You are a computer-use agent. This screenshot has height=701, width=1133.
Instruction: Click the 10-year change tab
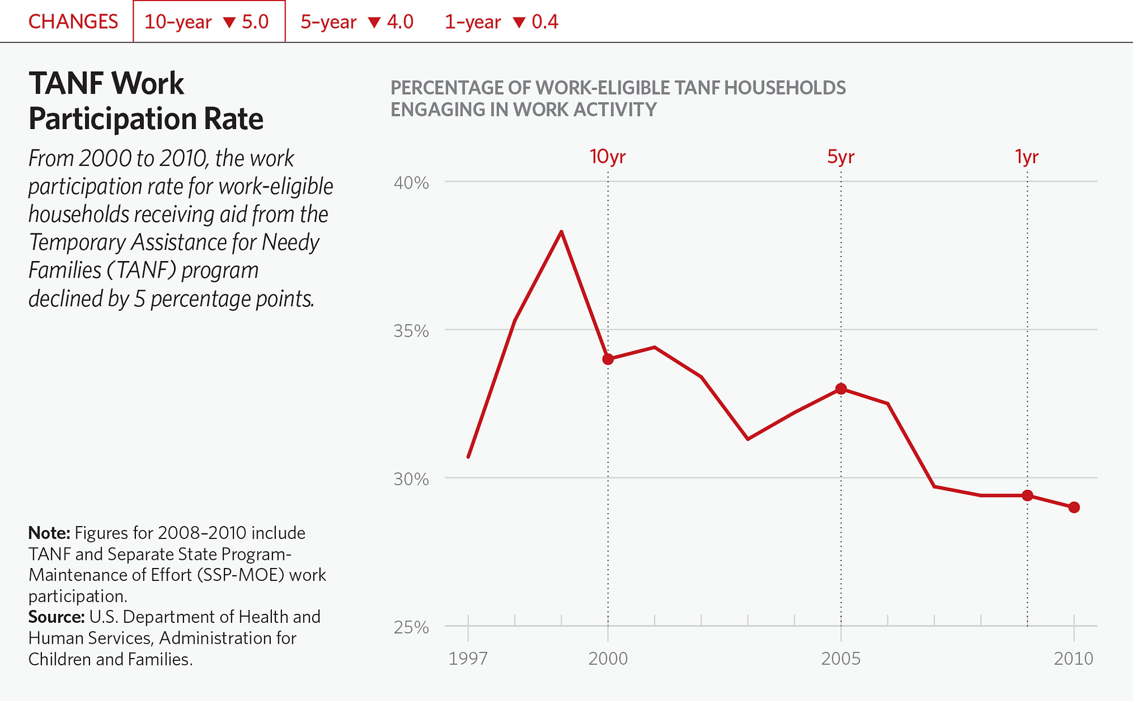pos(208,22)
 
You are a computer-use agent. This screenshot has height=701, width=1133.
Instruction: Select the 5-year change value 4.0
pos(400,22)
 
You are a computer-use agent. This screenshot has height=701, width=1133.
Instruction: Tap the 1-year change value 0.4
pos(544,22)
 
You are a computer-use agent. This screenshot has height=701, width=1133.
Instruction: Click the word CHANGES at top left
pos(73,22)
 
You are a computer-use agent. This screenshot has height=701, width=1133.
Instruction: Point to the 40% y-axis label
pos(411,183)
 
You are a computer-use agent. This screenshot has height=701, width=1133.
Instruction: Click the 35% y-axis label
pos(411,331)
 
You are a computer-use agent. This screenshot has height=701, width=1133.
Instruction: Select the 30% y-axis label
pos(411,479)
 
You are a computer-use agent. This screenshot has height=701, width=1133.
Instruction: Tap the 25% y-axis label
pos(411,627)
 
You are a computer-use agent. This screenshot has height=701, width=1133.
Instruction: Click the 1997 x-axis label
pos(468,659)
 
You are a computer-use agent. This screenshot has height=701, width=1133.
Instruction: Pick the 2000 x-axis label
pos(608,659)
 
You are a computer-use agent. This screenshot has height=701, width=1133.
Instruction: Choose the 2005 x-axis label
pos(841,659)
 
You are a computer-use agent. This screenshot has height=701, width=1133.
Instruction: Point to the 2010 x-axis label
pos(1074,659)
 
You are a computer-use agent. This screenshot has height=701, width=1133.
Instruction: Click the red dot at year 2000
pos(608,359)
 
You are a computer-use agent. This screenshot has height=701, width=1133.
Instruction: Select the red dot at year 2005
pos(841,389)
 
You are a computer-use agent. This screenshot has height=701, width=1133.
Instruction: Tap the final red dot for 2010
pos(1074,507)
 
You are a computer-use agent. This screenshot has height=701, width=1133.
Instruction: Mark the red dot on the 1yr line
pos(1028,495)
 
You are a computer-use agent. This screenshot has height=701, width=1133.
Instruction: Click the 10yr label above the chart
pos(607,156)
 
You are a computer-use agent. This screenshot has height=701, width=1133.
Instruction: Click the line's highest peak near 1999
pos(561,232)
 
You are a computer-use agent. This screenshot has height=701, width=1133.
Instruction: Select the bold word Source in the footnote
pos(56,617)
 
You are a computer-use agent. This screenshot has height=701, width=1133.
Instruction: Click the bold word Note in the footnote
pos(49,533)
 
